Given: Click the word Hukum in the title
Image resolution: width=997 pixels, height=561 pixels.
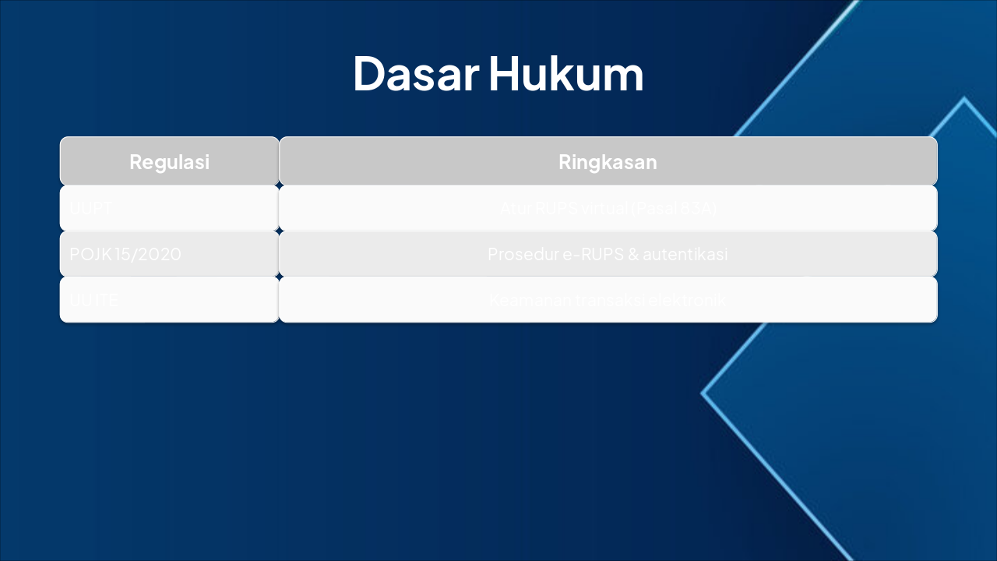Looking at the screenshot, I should tap(566, 74).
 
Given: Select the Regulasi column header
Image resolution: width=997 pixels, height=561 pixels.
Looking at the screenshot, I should tap(169, 162).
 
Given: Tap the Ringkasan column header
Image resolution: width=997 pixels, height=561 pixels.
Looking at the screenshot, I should tap(608, 162).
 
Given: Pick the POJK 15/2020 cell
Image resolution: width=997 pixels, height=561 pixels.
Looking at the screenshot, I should tap(125, 254).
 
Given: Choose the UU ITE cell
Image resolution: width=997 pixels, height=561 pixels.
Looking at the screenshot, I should tap(94, 299).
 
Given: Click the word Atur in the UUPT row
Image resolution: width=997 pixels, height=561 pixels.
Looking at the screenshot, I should tap(513, 208).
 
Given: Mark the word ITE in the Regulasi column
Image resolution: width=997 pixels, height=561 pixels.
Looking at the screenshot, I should tap(106, 299).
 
